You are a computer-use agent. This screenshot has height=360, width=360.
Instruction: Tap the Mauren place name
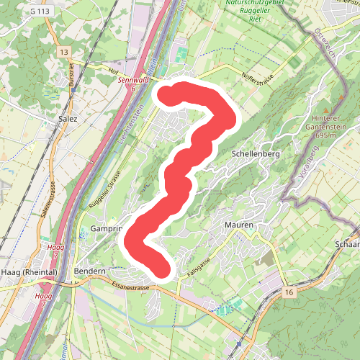coord(239,225)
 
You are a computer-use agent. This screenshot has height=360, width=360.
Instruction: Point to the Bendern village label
coord(90,271)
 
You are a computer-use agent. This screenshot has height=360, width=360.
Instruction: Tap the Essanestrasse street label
coord(130,286)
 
